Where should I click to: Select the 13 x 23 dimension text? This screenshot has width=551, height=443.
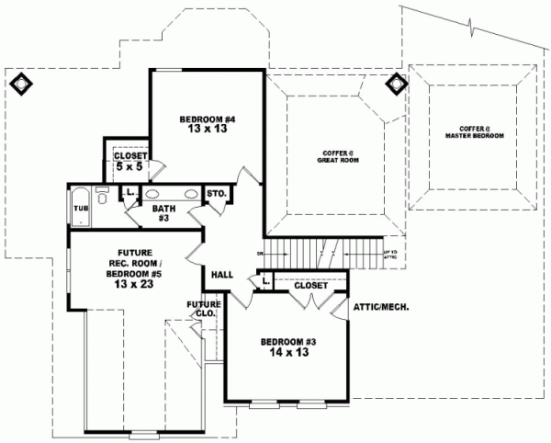[134, 285]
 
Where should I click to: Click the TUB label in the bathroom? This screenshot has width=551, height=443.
[80, 209]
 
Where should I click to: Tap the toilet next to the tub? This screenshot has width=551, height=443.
[102, 195]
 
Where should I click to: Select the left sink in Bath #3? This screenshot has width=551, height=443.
[155, 194]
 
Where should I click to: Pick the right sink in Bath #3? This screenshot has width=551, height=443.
[191, 194]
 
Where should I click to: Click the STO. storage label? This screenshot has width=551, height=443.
[216, 194]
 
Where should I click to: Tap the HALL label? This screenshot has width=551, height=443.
[222, 274]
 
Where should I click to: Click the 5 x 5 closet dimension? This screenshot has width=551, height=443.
[130, 167]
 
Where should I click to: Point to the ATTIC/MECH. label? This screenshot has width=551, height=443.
[380, 306]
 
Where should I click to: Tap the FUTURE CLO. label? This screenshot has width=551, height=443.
[203, 309]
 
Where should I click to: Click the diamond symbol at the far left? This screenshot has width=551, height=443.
[20, 84]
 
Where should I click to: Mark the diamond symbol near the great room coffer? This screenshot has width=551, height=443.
[397, 84]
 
